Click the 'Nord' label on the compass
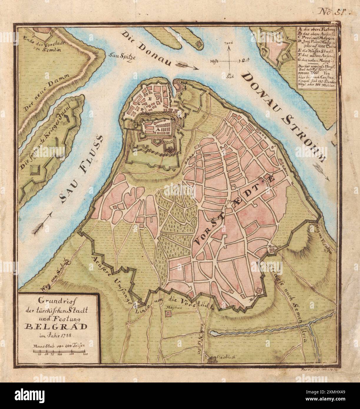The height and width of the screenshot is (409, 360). (229, 43)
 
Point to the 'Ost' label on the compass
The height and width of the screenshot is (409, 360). (245, 60)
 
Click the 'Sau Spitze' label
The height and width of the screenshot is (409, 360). (122, 56)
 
